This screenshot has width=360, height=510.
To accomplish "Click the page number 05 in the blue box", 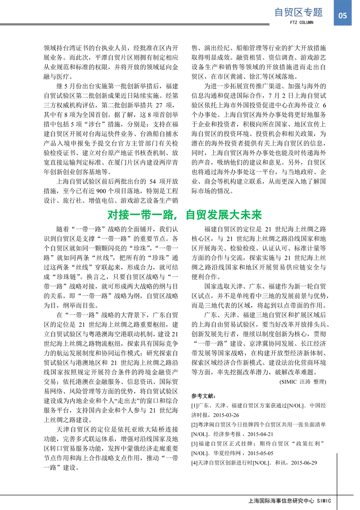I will (342, 16).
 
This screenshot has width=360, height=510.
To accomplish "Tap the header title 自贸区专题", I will (298, 12).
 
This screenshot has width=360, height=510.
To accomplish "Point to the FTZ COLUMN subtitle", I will (301, 22).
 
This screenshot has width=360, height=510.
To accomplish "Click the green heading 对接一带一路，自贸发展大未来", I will (184, 215).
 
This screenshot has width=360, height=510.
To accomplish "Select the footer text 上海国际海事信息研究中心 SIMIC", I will (290, 501).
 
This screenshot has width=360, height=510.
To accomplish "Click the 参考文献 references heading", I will (203, 396).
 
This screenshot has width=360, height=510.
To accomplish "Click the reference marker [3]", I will (195, 444).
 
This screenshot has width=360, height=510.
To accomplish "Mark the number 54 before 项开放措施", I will (153, 182).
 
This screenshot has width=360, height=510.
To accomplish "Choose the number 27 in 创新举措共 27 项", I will (159, 105).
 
